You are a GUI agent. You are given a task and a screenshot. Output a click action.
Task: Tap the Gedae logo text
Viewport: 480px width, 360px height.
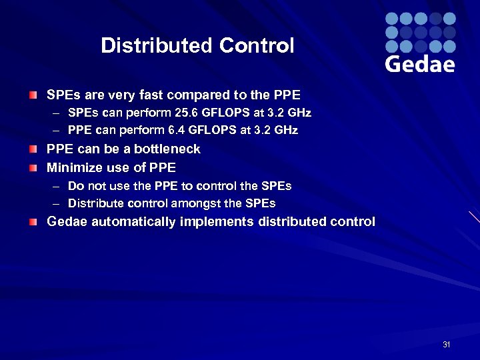click(420, 64)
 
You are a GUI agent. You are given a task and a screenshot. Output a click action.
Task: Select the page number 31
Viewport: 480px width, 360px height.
click(447, 345)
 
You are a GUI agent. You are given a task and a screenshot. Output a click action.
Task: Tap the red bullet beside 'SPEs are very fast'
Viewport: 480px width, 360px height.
click(33, 95)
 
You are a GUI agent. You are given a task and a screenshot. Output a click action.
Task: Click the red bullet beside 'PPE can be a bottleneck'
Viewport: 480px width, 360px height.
click(33, 149)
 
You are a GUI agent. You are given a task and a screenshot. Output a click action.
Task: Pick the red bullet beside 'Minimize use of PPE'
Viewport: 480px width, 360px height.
click(33, 167)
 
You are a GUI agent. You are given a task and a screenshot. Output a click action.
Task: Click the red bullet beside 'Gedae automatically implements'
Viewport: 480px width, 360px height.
click(33, 221)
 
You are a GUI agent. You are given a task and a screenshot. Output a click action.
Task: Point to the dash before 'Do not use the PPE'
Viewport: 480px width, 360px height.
click(57, 186)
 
